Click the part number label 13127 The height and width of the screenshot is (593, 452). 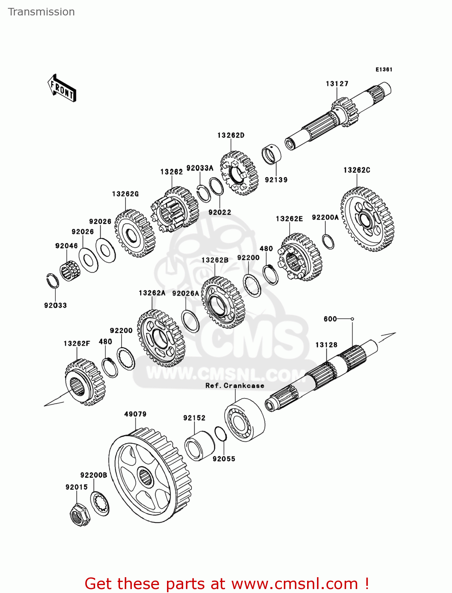point(337,84)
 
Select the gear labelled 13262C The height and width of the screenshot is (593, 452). point(367,219)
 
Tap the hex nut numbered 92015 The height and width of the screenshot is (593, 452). point(79,515)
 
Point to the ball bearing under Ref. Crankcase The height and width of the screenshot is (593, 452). point(244,420)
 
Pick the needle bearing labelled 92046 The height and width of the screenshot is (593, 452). point(70,271)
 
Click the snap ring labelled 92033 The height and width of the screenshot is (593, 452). point(53,281)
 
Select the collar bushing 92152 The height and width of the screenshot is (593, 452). point(199,446)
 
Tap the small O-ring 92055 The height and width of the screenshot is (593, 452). point(221,434)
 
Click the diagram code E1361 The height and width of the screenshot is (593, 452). point(383,70)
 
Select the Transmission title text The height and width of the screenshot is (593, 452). point(41,12)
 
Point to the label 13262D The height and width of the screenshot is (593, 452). point(231,135)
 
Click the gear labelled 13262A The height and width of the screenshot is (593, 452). point(161,338)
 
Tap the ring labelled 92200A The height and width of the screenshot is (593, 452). point(328,242)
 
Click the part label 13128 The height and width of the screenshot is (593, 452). point(326,345)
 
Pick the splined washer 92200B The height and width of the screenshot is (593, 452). point(99,503)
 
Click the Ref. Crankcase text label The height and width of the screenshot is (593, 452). point(234,385)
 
